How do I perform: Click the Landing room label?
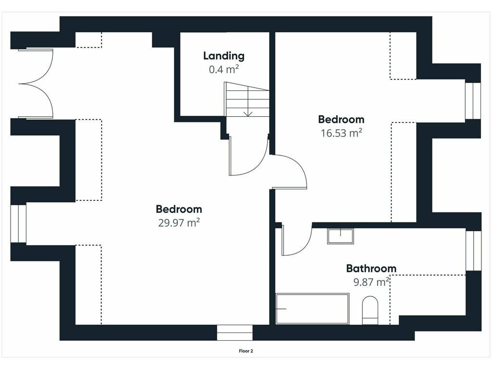(224, 56)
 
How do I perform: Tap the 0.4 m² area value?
(224, 69)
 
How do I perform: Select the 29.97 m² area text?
(179, 223)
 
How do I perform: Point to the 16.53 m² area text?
(342, 133)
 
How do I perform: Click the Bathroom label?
(371, 269)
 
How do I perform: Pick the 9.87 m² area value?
(371, 282)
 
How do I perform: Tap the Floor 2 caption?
(246, 351)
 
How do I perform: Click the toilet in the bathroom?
(370, 310)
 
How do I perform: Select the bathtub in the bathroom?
(312, 309)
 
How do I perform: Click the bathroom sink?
(341, 236)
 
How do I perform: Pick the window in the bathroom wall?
(473, 251)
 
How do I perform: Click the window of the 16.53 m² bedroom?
(473, 101)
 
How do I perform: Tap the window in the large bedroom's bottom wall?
(234, 332)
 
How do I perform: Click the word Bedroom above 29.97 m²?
(179, 209)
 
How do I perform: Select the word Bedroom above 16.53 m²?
(342, 119)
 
